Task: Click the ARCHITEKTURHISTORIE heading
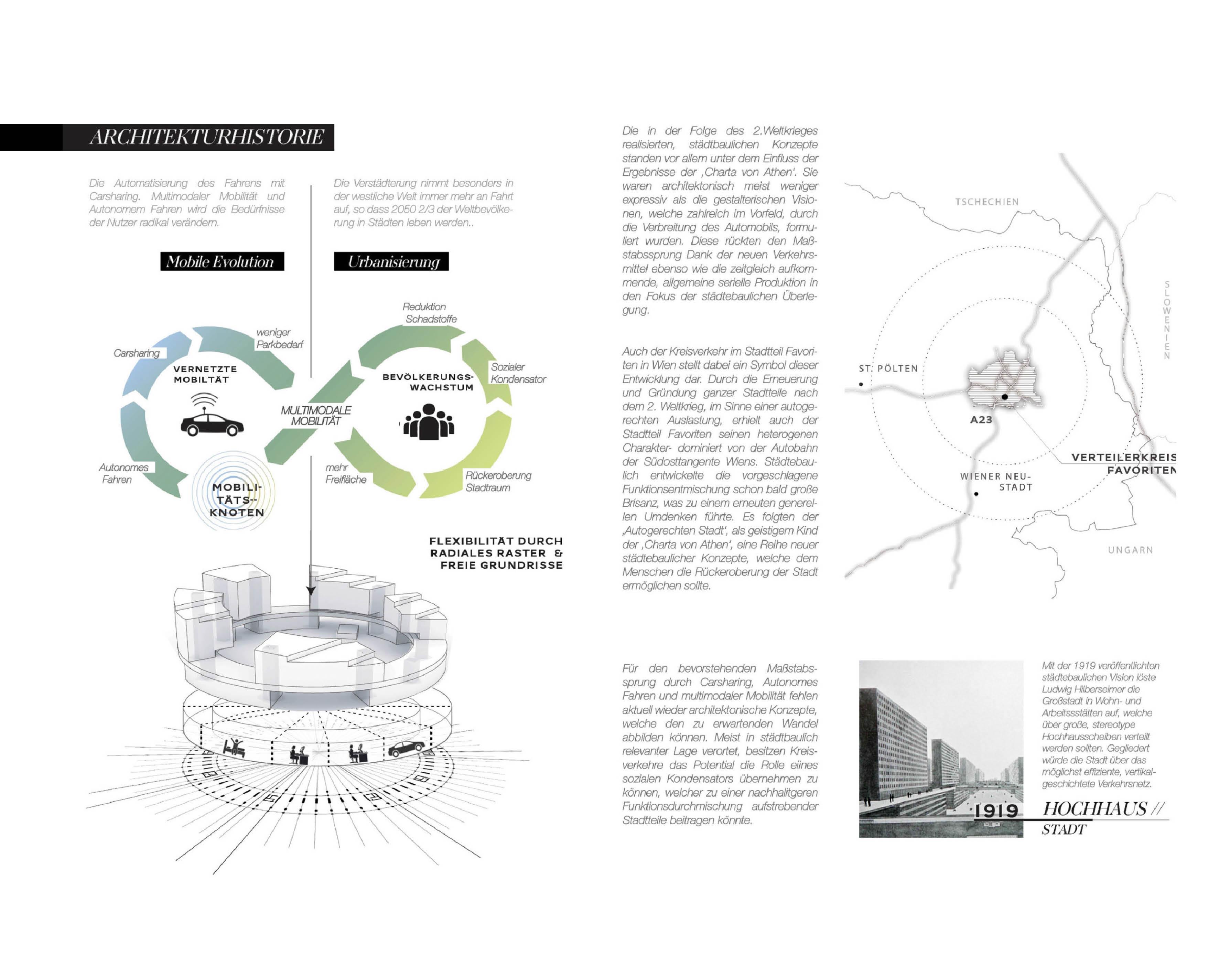point(206,137)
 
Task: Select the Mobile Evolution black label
point(222,262)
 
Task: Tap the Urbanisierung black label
point(391,262)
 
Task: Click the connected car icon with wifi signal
point(211,417)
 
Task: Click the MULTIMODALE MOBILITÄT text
point(316,416)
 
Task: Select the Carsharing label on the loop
point(136,353)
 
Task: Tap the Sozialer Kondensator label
point(518,373)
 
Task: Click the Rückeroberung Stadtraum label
point(497,481)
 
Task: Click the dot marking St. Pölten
point(861,384)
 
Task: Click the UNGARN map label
point(1130,550)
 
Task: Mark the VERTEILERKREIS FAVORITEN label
point(1123,463)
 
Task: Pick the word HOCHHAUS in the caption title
point(1094,808)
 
